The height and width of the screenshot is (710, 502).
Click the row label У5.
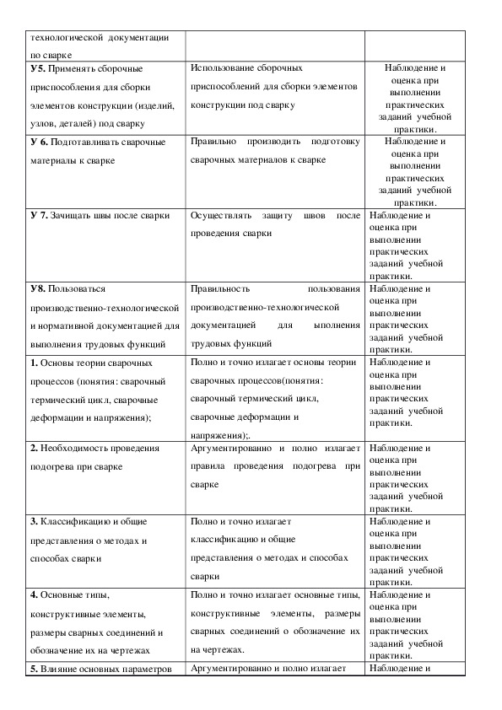click(38, 67)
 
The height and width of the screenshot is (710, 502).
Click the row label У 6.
click(40, 142)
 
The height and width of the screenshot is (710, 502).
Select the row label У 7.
click(40, 215)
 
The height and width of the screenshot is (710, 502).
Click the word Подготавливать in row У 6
click(94, 142)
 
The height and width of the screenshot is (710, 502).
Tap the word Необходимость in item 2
click(81, 448)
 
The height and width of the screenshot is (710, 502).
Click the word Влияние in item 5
click(64, 670)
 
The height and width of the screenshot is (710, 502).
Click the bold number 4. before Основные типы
click(34, 595)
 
